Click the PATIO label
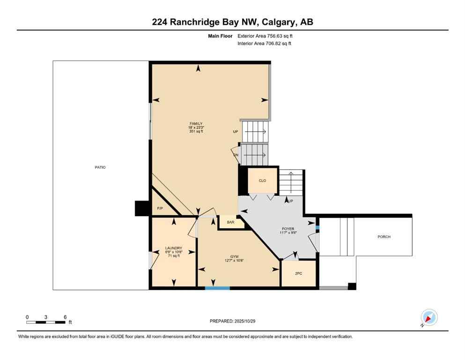(x=100, y=167)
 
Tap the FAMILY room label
(x=196, y=124)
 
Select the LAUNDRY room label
(x=173, y=248)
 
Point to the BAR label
(x=230, y=222)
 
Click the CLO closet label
(x=263, y=180)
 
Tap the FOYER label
(x=288, y=229)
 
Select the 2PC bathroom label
(x=299, y=274)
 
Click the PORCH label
(x=384, y=237)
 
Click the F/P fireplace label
(x=160, y=208)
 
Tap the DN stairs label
(x=236, y=155)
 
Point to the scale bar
(x=46, y=322)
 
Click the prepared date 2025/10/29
(x=245, y=321)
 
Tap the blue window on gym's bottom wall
(x=218, y=288)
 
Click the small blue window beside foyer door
(x=317, y=227)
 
